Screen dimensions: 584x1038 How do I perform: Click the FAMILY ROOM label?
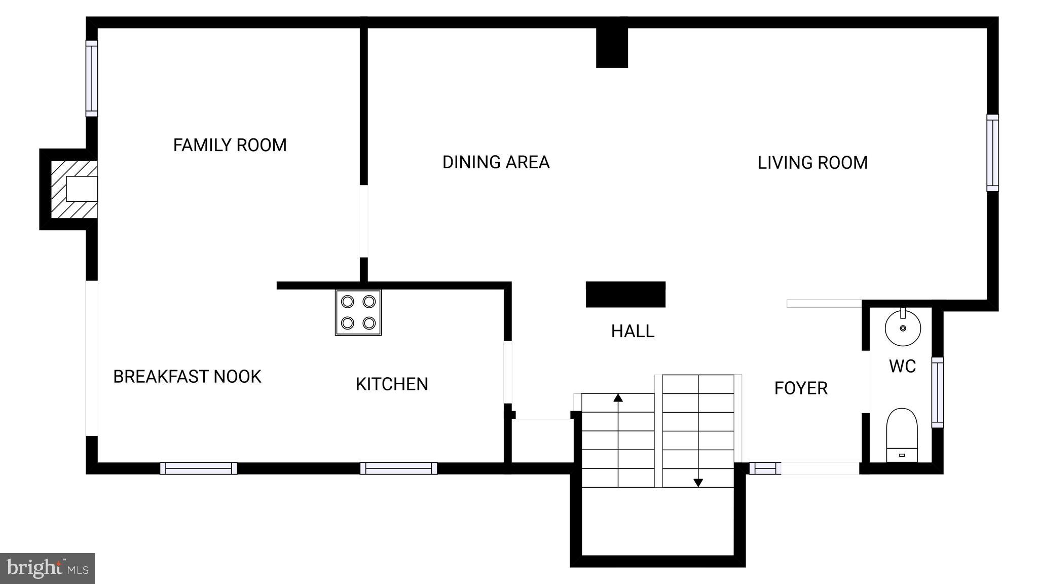(x=230, y=145)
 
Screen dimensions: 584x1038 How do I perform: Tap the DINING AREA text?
(x=496, y=162)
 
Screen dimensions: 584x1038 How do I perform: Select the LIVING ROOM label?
(x=812, y=163)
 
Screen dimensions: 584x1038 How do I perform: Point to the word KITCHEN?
(x=392, y=384)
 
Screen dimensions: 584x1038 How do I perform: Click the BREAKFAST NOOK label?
(x=187, y=377)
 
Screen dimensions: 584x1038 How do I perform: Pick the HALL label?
(x=633, y=332)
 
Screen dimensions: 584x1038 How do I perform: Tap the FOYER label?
(x=801, y=388)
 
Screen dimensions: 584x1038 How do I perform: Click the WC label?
(x=902, y=366)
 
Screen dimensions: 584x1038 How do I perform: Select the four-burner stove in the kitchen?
(x=358, y=312)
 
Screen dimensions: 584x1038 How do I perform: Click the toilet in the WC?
(x=902, y=435)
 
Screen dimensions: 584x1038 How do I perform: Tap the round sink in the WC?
(x=903, y=327)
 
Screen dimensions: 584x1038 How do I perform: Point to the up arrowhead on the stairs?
(x=618, y=398)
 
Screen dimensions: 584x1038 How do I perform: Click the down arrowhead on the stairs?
(x=698, y=483)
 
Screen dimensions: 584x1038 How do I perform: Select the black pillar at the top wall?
(x=612, y=48)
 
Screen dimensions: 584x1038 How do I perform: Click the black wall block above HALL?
(x=625, y=295)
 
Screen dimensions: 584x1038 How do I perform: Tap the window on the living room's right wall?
(x=992, y=153)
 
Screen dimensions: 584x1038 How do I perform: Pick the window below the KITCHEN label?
(x=398, y=468)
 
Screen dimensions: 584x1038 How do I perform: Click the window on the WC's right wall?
(x=938, y=392)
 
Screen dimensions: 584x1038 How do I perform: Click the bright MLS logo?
(x=47, y=568)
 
